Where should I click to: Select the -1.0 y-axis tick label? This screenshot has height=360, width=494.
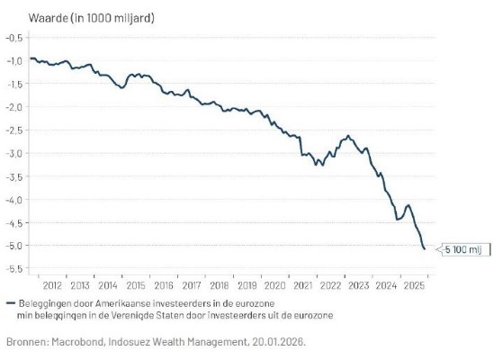click(x=15, y=60)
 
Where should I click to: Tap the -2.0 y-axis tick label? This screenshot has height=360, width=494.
click(x=15, y=106)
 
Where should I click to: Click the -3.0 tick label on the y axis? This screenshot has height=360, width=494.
click(x=15, y=153)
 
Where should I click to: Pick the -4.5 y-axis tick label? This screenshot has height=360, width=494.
click(x=15, y=222)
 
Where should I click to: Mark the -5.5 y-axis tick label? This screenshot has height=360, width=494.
click(x=15, y=268)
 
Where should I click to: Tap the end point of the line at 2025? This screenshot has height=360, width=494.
click(x=425, y=248)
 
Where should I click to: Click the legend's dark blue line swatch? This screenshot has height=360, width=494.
click(x=10, y=302)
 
